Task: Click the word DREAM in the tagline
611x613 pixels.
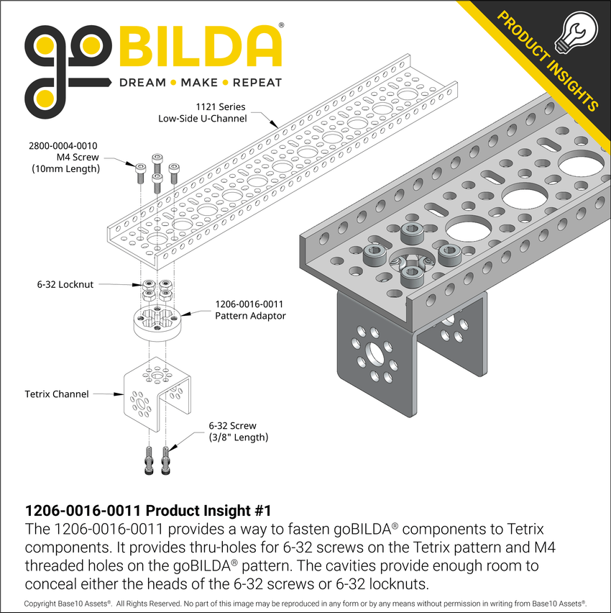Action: (142, 83)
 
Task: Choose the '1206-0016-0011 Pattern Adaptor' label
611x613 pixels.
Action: (250, 310)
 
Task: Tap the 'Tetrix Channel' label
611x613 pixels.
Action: (57, 394)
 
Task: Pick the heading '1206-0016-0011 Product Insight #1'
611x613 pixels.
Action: (148, 511)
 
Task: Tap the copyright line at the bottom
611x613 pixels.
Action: (305, 603)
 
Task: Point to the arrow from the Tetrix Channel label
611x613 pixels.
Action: (108, 394)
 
